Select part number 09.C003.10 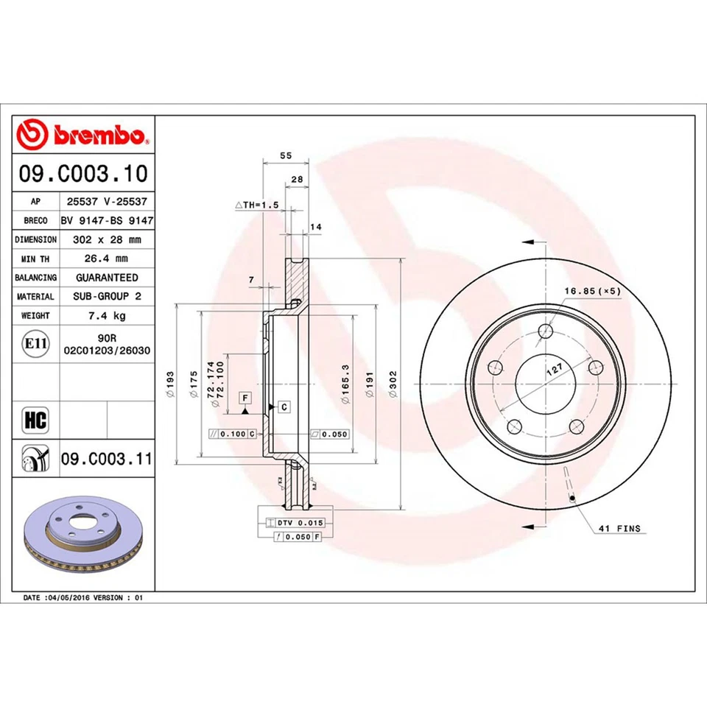click(83, 174)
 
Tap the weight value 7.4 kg click(107, 315)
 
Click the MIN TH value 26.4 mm click(107, 258)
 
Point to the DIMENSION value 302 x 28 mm click(107, 239)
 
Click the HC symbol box click(35, 421)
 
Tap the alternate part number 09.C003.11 click(106, 460)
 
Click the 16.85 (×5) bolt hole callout click(592, 291)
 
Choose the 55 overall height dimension click(286, 155)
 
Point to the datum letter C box click(284, 407)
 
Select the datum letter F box click(244, 398)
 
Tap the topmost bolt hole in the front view click(545, 331)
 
